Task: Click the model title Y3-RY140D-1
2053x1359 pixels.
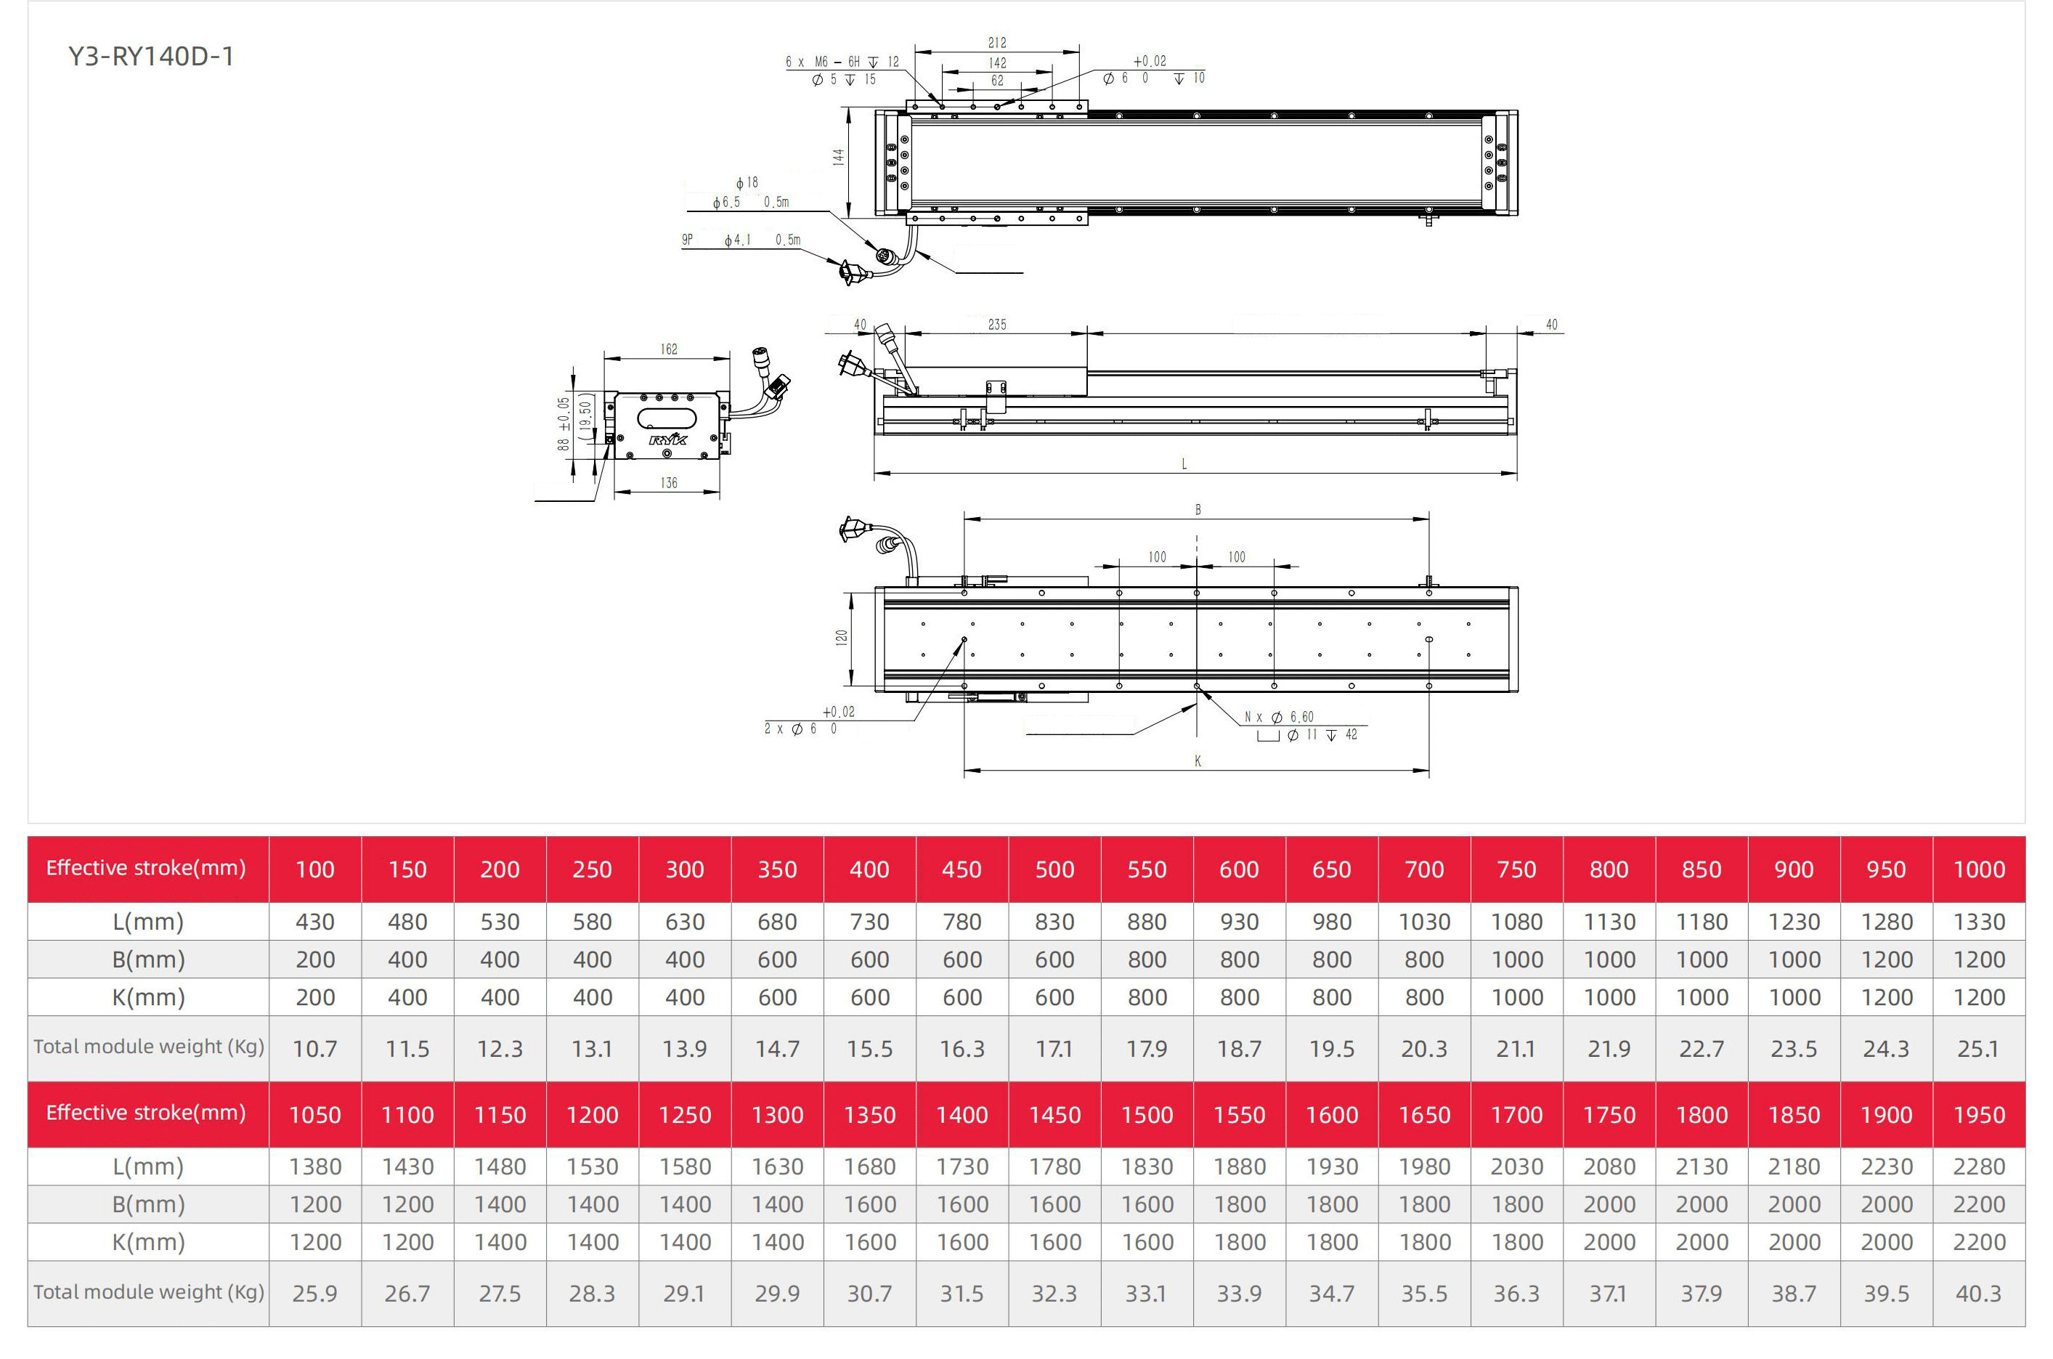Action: pyautogui.click(x=151, y=57)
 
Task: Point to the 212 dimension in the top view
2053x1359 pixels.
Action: pyautogui.click(x=998, y=42)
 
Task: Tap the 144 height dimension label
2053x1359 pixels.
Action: pyautogui.click(x=838, y=157)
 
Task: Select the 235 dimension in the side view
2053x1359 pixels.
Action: pyautogui.click(x=998, y=324)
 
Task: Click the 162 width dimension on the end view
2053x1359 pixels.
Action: pyautogui.click(x=669, y=349)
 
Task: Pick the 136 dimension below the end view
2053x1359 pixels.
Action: pyautogui.click(x=669, y=483)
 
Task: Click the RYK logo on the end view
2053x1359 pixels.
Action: pyautogui.click(x=668, y=439)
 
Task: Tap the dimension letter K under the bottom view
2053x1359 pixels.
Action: pyautogui.click(x=1198, y=761)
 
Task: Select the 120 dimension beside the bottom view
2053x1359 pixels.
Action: pyautogui.click(x=842, y=637)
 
